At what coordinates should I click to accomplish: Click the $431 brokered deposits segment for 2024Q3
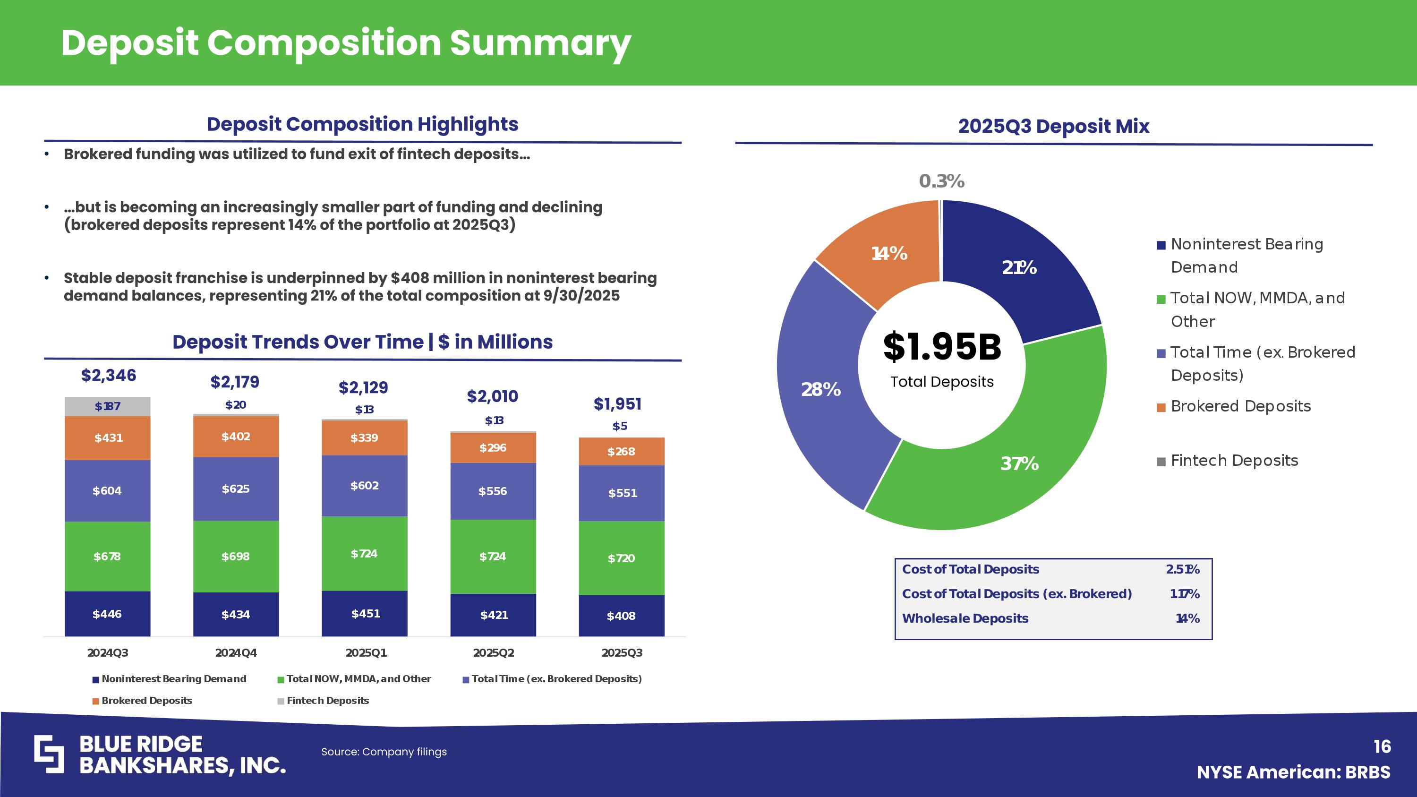108,438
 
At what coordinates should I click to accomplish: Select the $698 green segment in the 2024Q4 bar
235,556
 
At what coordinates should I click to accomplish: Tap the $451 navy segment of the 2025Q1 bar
365,613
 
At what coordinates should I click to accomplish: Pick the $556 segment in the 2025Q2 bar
492,491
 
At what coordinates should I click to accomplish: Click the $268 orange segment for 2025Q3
621,452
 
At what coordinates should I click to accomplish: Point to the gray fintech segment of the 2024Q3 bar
108,406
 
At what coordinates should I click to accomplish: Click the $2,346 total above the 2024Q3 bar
108,376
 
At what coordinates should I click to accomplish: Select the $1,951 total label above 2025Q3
618,404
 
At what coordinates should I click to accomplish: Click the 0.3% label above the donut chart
941,181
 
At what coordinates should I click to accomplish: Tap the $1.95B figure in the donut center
942,348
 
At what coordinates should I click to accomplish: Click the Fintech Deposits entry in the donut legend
1234,460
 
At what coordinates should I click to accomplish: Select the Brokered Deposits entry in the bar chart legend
146,701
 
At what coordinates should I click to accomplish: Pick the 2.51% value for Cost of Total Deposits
1182,569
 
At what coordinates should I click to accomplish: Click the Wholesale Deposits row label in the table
965,618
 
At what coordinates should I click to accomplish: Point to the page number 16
1382,746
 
